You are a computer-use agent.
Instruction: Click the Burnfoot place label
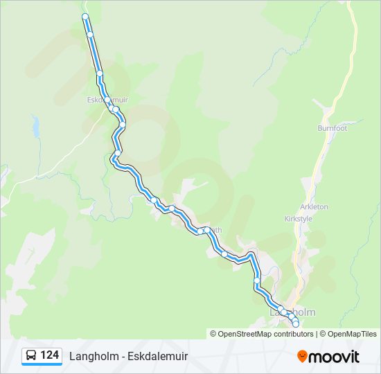[x=332, y=128]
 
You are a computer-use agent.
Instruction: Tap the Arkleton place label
[x=314, y=206]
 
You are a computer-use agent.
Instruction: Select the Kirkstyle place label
[x=299, y=218]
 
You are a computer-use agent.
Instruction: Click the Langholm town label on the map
[x=292, y=312]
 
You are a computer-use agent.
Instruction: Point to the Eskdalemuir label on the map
[x=107, y=100]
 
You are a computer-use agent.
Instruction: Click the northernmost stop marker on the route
[x=85, y=16]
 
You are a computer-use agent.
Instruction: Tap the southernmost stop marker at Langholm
[x=296, y=324]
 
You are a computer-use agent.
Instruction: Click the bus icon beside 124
[x=31, y=356]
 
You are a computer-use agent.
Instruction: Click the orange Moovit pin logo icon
[x=302, y=356]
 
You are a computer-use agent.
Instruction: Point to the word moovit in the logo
[x=334, y=357]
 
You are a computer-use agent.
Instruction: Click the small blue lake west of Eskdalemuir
[x=35, y=126]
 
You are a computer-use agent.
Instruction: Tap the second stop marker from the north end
[x=90, y=34]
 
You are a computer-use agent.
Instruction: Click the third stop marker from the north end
[x=100, y=73]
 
